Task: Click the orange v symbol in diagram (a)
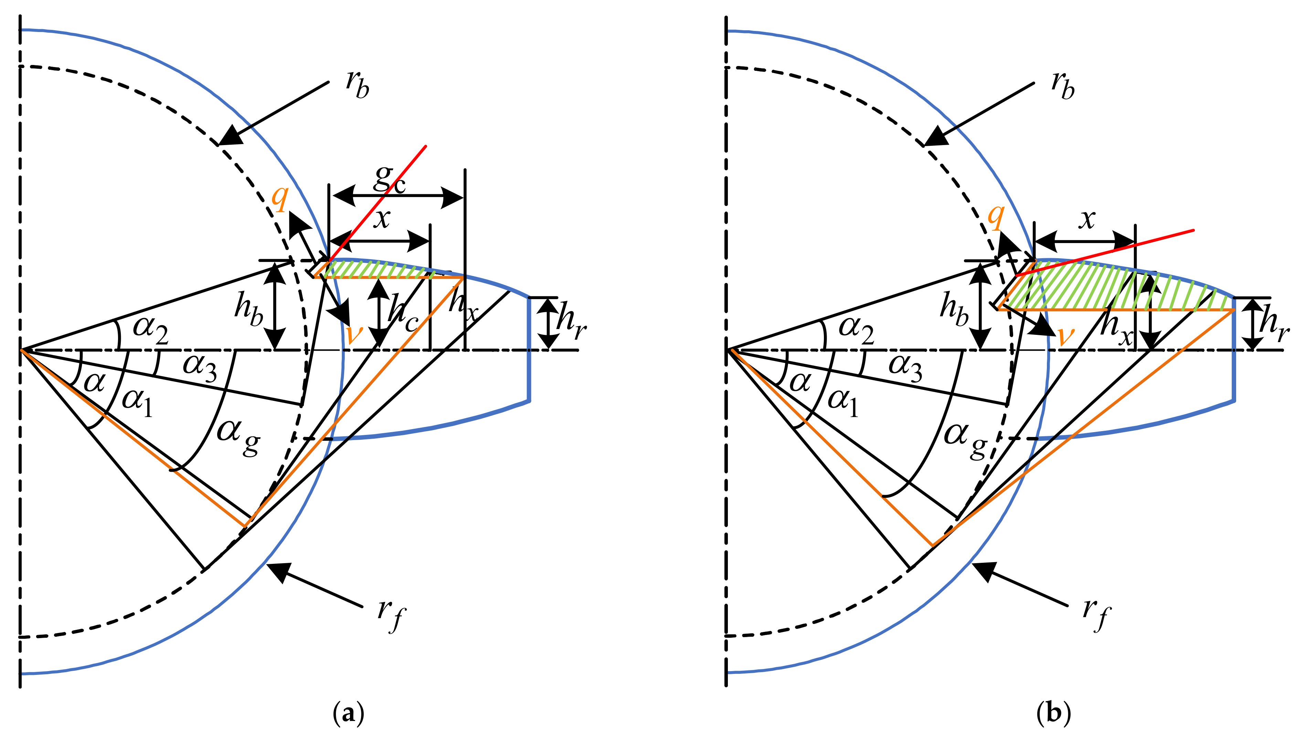point(354,334)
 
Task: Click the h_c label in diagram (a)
point(404,313)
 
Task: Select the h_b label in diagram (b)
point(954,309)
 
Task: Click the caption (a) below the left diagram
point(349,713)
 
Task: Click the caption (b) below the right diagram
point(1053,713)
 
